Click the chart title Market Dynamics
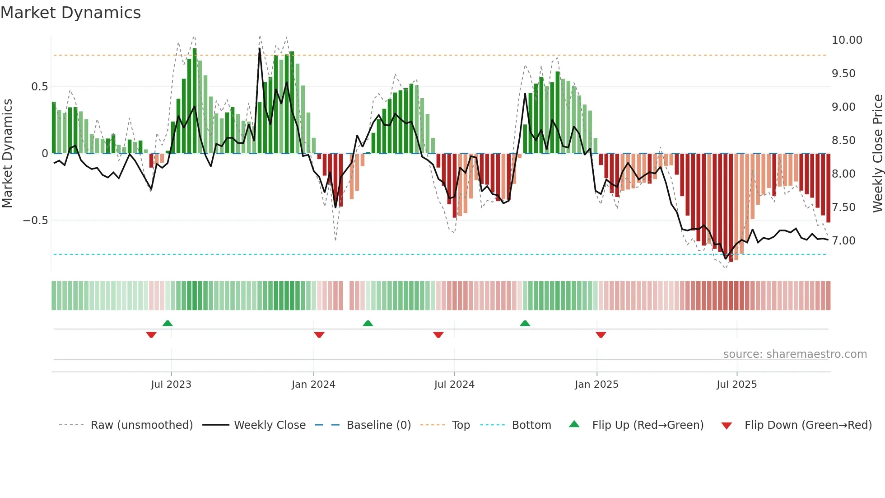(x=71, y=13)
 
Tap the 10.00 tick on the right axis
(x=847, y=40)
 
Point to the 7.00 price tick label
(x=843, y=241)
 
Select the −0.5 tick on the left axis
(x=35, y=221)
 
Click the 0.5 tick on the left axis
(x=39, y=87)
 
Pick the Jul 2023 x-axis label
(x=171, y=385)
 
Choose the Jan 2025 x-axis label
(x=596, y=385)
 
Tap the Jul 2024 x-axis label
(x=454, y=385)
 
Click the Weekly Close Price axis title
(x=877, y=154)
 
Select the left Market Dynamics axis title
(x=7, y=154)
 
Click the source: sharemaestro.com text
(x=795, y=354)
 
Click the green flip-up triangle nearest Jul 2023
(x=168, y=323)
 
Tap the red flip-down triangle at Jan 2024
(x=319, y=335)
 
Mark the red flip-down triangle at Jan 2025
(x=601, y=335)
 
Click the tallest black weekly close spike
(x=260, y=49)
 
